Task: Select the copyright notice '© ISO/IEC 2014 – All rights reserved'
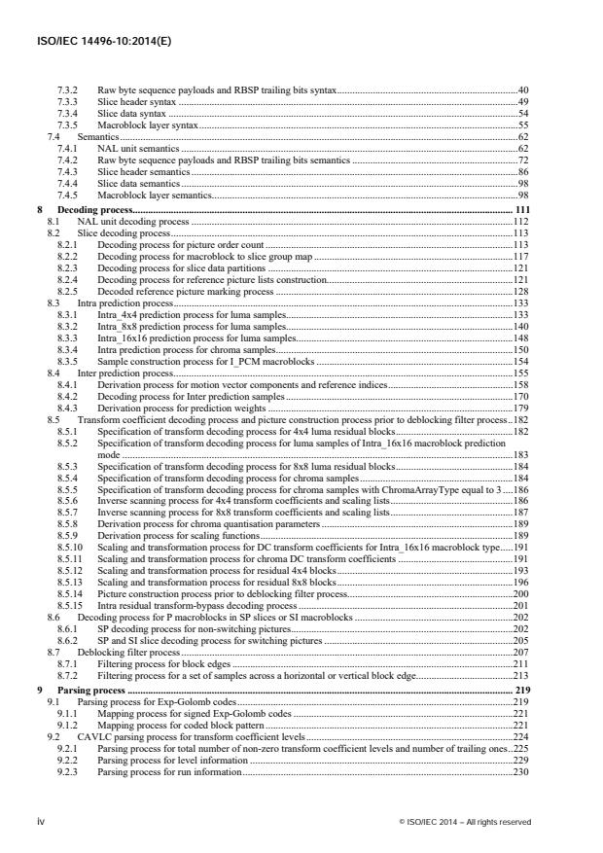465,821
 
